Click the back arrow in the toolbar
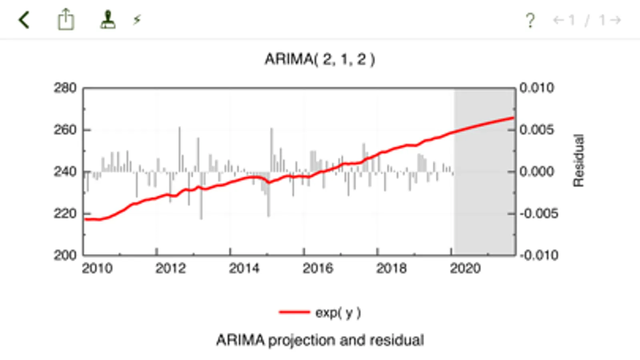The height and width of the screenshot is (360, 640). [24, 20]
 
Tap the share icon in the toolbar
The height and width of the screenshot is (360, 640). [66, 20]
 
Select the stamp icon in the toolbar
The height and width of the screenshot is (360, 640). [108, 20]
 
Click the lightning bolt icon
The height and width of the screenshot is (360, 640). [137, 20]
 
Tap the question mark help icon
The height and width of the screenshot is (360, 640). [530, 20]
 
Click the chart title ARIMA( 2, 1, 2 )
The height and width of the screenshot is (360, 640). [320, 59]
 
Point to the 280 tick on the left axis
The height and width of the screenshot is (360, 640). [65, 88]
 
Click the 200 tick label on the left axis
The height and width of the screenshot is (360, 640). [65, 255]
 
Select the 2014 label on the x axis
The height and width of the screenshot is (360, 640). [244, 268]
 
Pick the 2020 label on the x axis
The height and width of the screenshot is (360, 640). [465, 268]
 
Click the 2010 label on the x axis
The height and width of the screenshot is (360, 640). [97, 268]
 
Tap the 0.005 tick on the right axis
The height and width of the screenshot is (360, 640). [537, 130]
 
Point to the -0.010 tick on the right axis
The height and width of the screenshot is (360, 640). [539, 255]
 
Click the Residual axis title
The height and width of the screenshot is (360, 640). [579, 160]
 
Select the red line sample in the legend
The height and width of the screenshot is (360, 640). [294, 312]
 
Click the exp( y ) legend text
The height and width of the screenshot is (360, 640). [338, 312]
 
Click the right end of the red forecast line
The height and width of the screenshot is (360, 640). [513, 118]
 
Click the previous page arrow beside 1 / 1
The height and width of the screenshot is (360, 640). [558, 20]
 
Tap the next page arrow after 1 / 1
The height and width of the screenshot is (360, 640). [616, 20]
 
